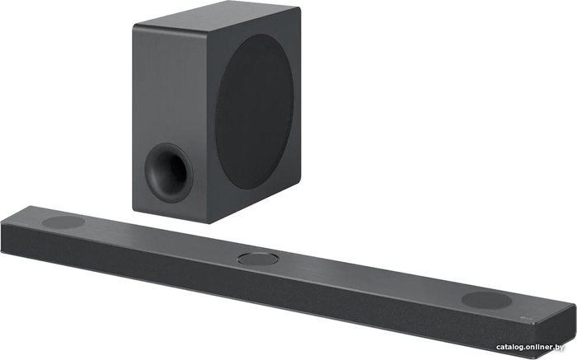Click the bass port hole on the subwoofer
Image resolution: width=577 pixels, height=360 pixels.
[169, 172]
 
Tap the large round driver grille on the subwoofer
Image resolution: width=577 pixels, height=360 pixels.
[255, 112]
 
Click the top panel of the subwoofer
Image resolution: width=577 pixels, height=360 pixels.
[216, 19]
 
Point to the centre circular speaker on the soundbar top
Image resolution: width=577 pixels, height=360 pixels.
[257, 259]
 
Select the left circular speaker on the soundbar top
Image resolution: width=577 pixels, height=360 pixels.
[63, 222]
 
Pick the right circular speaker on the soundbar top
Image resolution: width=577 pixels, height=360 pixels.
[486, 300]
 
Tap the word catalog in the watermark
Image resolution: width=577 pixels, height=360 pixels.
[510, 347]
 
